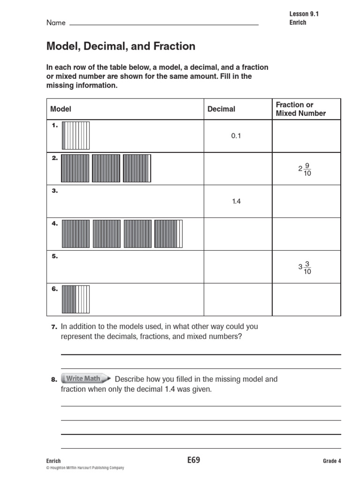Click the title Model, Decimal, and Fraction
(x=120, y=46)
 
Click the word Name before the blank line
(x=55, y=22)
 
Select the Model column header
(x=60, y=109)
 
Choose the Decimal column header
(x=221, y=109)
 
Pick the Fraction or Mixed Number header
(x=300, y=109)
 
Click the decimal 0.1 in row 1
(x=235, y=136)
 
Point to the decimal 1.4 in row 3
(x=235, y=201)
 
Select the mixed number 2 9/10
(x=305, y=169)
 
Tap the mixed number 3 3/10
(x=305, y=267)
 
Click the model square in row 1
(x=75, y=135)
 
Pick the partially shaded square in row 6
(x=75, y=299)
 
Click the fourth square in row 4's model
(x=168, y=233)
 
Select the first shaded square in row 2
(x=75, y=168)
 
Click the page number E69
(x=193, y=460)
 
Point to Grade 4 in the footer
(x=332, y=461)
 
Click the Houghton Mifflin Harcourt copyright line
(x=85, y=468)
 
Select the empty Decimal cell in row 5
(x=238, y=267)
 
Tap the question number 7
(x=54, y=327)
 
